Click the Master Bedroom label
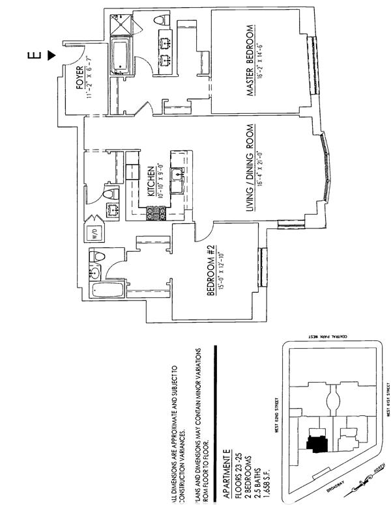click(x=250, y=62)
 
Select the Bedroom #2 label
click(x=210, y=269)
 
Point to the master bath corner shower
click(x=120, y=23)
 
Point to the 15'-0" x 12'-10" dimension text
click(x=222, y=269)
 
